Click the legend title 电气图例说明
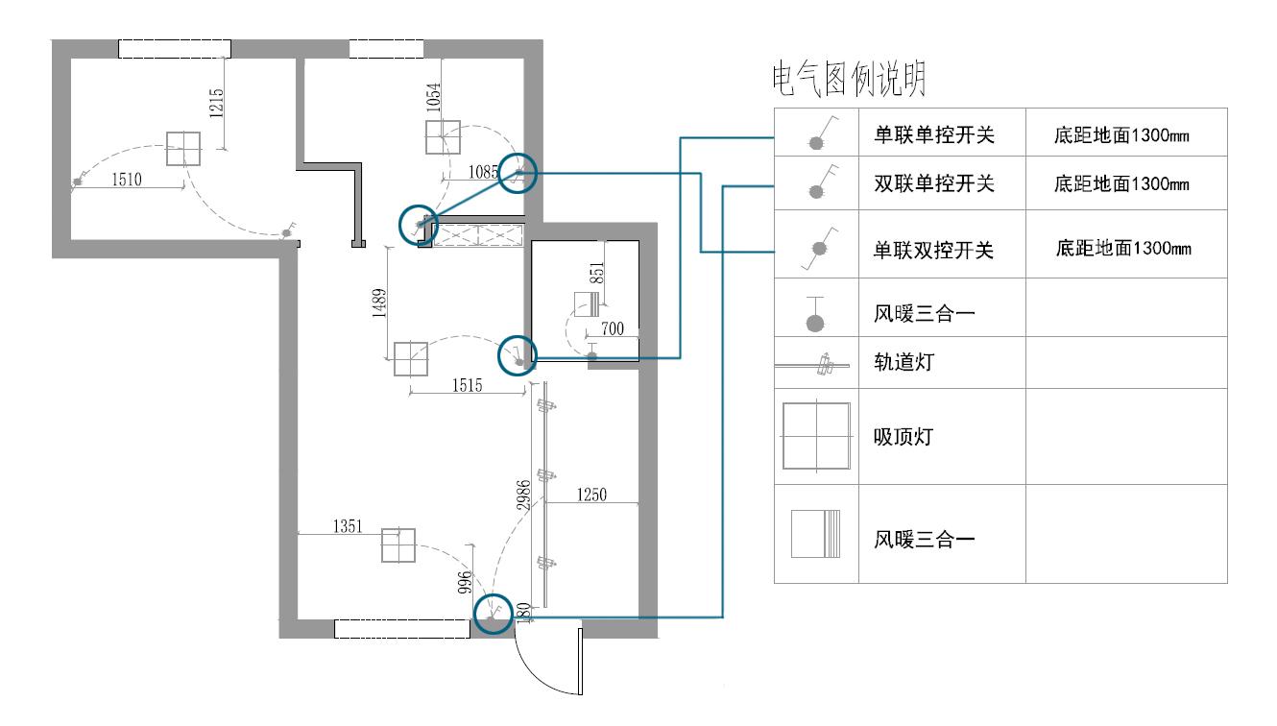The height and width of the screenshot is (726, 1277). [850, 82]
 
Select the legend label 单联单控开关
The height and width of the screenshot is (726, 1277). [933, 135]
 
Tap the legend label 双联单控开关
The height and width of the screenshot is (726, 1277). [933, 184]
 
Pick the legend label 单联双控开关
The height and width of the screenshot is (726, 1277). [933, 251]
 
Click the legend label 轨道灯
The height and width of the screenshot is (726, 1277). [904, 363]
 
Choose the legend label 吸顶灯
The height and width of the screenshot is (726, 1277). [904, 438]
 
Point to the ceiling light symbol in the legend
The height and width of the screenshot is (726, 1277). [816, 437]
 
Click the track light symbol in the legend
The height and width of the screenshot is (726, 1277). [816, 365]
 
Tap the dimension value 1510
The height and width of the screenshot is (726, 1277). [127, 179]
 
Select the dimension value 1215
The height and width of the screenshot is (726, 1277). [215, 104]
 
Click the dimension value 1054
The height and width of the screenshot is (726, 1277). [434, 98]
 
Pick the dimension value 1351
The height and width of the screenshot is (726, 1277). [347, 526]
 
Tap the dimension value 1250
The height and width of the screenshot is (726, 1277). [591, 495]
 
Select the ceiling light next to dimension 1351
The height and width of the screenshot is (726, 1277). [398, 545]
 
